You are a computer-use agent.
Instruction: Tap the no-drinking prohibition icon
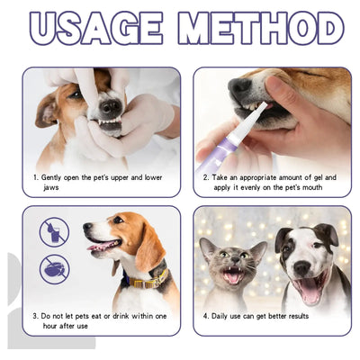[54, 232]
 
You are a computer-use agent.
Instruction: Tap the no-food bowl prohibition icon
[54, 268]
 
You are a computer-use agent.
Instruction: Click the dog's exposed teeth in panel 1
[109, 109]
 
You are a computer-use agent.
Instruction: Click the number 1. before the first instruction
[36, 179]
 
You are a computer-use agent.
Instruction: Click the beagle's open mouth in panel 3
[103, 245]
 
